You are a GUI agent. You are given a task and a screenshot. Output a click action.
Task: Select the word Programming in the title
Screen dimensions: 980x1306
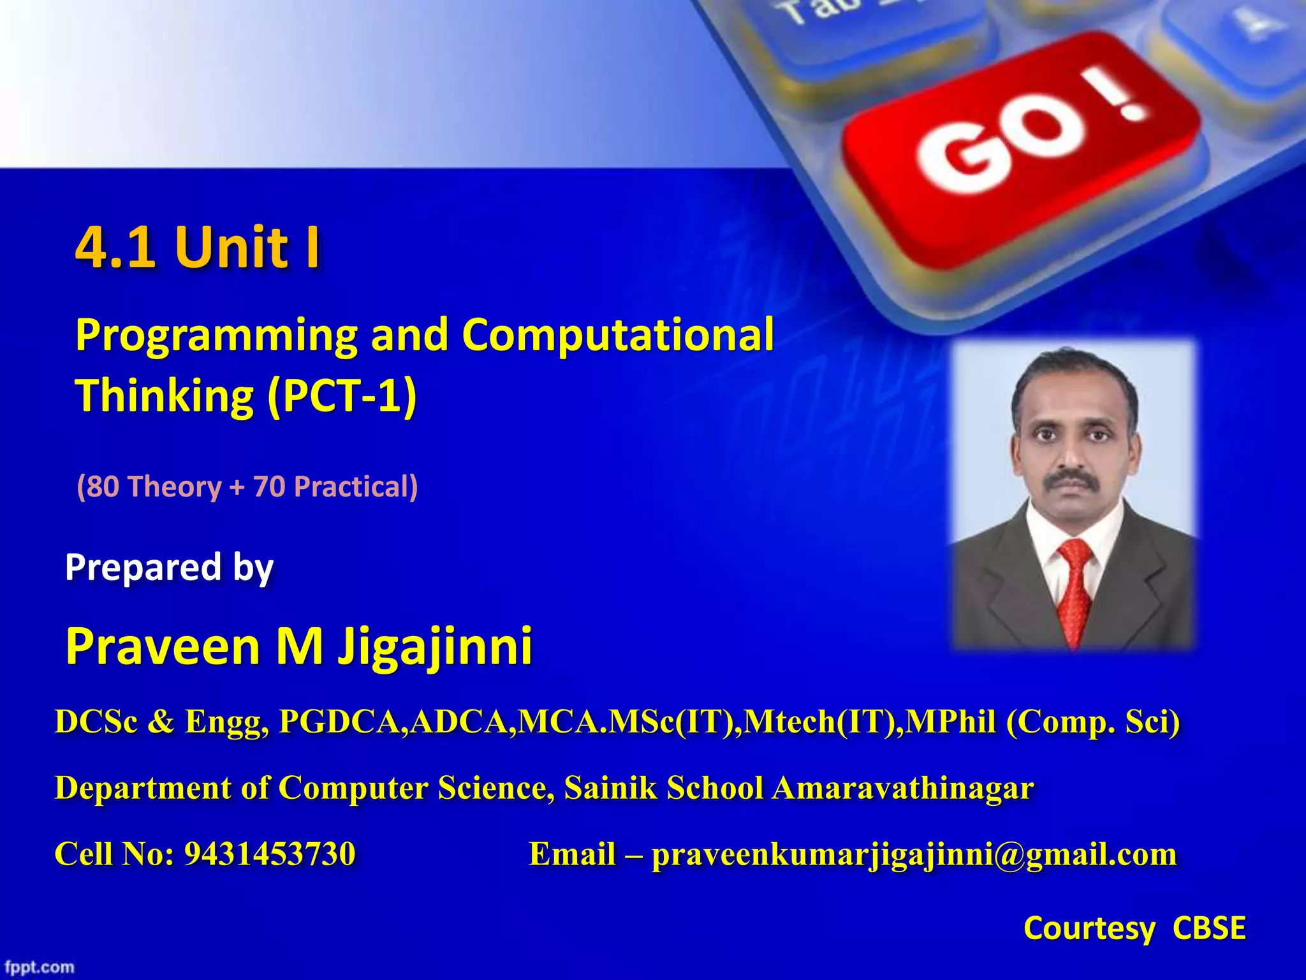pos(217,336)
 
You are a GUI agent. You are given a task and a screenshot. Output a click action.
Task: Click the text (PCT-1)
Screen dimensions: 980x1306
pos(342,396)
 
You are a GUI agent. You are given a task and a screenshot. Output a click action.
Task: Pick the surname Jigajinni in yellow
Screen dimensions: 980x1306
pos(435,646)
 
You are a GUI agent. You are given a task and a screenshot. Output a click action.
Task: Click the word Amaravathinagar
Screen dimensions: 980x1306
pos(903,788)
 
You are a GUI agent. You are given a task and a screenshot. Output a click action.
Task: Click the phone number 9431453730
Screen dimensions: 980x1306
pos(269,854)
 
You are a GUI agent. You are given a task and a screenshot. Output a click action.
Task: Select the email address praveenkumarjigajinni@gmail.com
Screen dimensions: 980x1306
pos(914,854)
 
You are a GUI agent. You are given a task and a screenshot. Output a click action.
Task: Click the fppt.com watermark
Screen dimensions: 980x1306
pos(40,967)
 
